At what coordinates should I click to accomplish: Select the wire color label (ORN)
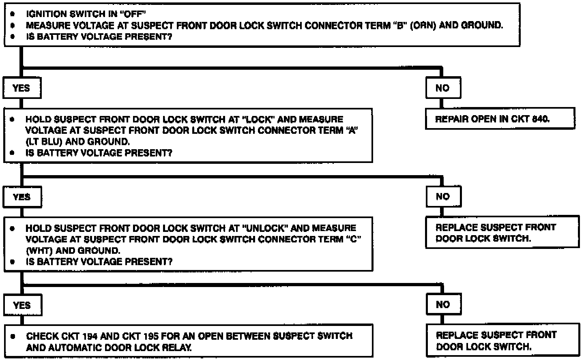click(423, 25)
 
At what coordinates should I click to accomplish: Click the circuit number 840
click(540, 119)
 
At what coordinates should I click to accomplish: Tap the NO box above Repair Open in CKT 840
click(442, 88)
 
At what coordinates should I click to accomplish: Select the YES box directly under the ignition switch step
click(21, 88)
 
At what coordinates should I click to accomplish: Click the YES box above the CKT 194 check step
click(22, 305)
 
